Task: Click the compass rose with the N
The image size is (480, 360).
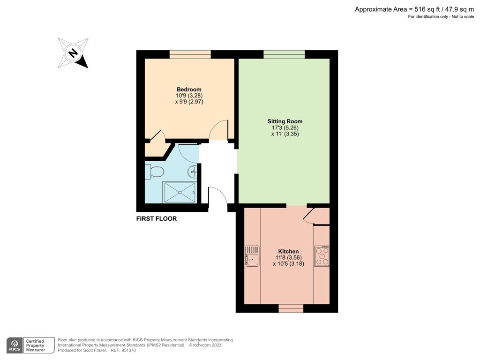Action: pyautogui.click(x=73, y=53)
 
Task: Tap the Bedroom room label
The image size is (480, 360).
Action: pyautogui.click(x=189, y=90)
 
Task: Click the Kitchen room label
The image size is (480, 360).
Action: pyautogui.click(x=288, y=252)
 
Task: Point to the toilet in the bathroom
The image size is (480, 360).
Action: pyautogui.click(x=154, y=172)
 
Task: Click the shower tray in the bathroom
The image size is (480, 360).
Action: pyautogui.click(x=179, y=192)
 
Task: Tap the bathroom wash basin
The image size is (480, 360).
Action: pyautogui.click(x=193, y=172)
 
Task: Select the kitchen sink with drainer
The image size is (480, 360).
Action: pyautogui.click(x=252, y=256)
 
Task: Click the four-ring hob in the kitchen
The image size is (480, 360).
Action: pyautogui.click(x=322, y=256)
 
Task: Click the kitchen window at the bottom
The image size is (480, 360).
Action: pyautogui.click(x=291, y=308)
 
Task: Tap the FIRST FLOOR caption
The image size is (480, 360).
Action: pyautogui.click(x=157, y=218)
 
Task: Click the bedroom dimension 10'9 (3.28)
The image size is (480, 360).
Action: pyautogui.click(x=189, y=96)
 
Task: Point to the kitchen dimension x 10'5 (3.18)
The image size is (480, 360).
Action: pyautogui.click(x=288, y=263)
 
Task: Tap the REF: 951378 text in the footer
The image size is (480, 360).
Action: pyautogui.click(x=123, y=350)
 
